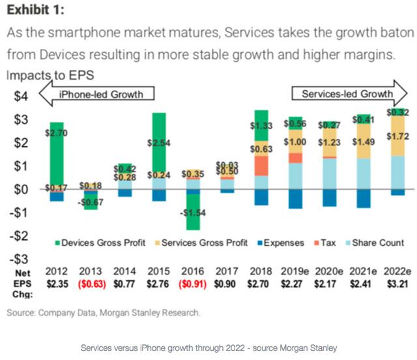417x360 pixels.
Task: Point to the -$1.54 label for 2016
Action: tap(192, 213)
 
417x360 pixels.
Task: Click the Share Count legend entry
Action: tap(379, 243)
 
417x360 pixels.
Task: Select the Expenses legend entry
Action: tap(281, 243)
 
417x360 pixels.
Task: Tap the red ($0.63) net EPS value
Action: tap(91, 284)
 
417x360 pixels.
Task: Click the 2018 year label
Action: tap(260, 271)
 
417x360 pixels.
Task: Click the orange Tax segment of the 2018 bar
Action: tap(261, 166)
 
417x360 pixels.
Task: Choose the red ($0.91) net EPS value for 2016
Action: tap(192, 284)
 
